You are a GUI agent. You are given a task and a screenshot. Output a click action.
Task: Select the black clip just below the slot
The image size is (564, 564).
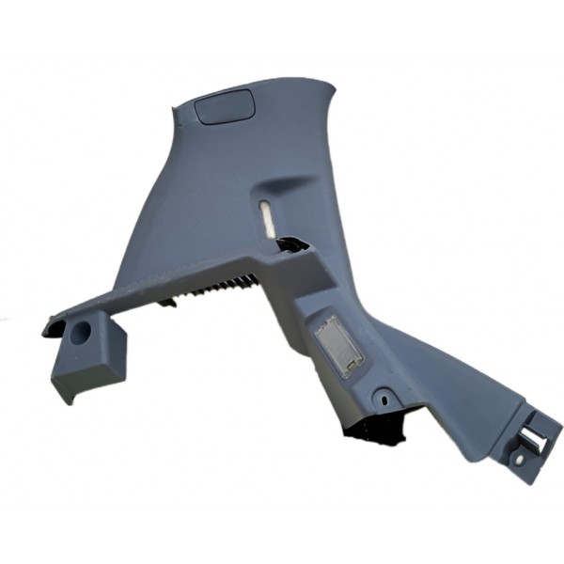[292, 246]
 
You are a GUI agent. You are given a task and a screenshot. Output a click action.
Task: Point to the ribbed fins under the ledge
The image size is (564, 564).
[226, 286]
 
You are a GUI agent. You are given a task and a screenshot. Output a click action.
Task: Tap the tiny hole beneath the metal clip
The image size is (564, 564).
[516, 458]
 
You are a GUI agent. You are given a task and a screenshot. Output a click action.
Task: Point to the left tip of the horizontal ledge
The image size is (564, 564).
[44, 329]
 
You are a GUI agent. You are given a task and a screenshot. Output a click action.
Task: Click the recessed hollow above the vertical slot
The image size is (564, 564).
[282, 183]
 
